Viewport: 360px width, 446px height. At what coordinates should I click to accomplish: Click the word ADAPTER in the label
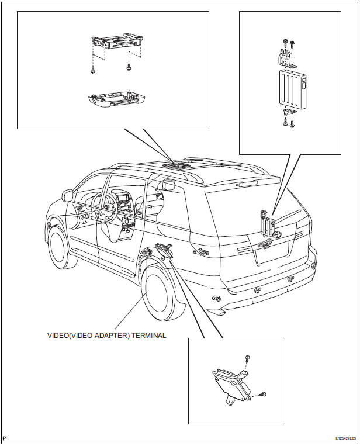pos(104,336)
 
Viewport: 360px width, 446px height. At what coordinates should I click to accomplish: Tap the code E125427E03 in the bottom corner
pos(345,438)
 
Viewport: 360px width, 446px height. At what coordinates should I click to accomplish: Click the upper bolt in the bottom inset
pos(248,358)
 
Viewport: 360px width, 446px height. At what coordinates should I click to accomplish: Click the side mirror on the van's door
pos(69,195)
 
